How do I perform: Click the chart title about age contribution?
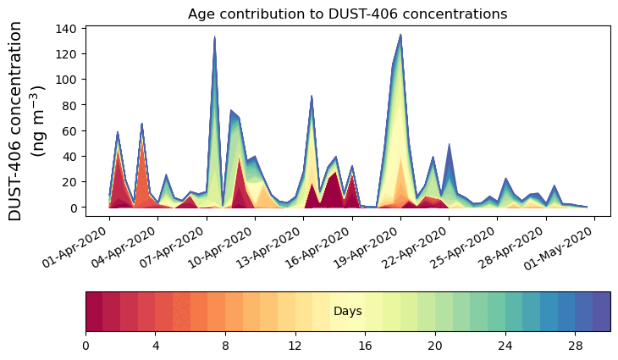[347, 14]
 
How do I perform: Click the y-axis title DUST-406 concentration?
[30, 121]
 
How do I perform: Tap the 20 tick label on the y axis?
[73, 181]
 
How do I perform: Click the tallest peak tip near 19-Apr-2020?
[400, 36]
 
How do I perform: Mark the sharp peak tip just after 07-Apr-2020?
[214, 37]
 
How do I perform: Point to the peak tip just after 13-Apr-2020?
[312, 97]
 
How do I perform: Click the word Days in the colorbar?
[348, 312]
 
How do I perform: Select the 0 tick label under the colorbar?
[86, 346]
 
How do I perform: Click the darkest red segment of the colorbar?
[94, 312]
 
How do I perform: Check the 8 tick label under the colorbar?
[225, 346]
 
